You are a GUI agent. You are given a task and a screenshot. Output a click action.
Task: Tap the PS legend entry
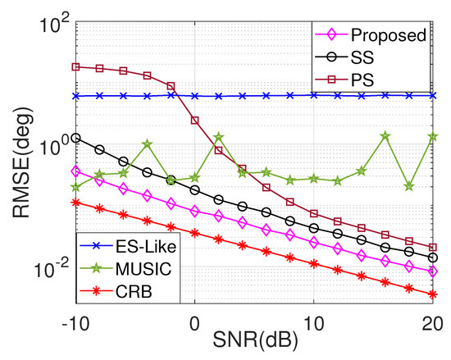366,80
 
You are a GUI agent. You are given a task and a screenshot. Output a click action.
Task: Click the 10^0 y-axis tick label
52,146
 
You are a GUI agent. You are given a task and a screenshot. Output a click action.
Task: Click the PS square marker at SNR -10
75,66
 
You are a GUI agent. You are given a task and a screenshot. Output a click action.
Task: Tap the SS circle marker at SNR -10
75,138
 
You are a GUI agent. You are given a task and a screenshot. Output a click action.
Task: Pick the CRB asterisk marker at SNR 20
433,294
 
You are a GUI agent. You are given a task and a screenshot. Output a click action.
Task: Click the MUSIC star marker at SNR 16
385,136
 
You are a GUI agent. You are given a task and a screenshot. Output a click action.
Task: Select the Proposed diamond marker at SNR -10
75,171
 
